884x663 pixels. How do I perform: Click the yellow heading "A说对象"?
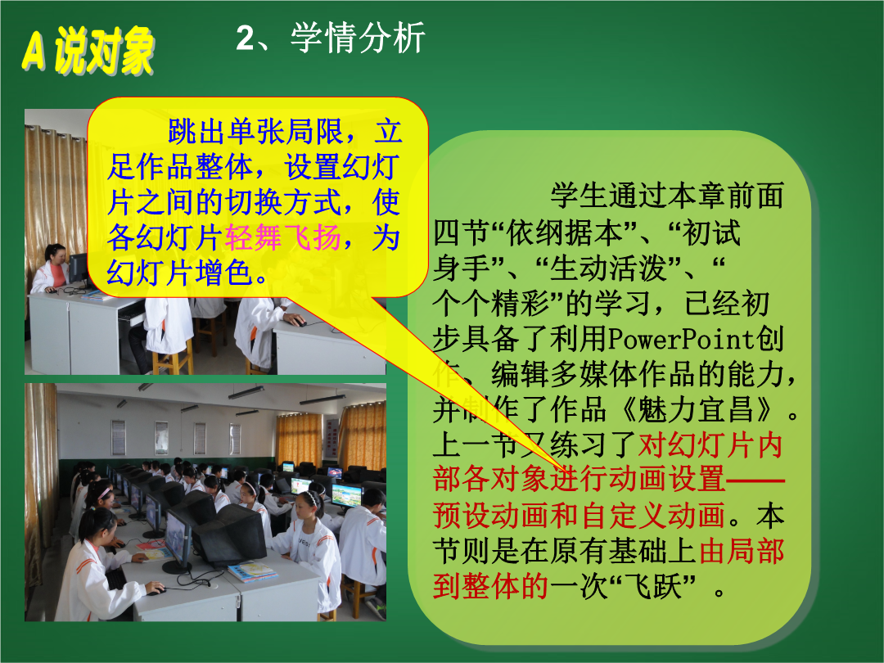point(88,51)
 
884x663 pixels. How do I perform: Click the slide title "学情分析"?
point(358,38)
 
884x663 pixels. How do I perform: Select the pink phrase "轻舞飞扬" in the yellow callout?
point(283,237)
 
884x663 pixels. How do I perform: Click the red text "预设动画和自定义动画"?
point(579,515)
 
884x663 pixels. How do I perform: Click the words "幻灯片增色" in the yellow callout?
point(178,273)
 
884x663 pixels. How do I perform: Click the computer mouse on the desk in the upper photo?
point(299,322)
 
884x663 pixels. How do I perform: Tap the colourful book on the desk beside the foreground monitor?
point(253,571)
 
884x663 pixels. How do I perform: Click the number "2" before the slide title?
point(246,38)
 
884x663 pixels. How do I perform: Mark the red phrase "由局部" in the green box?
point(741,551)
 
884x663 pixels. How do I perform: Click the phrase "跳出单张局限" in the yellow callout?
point(255,132)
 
